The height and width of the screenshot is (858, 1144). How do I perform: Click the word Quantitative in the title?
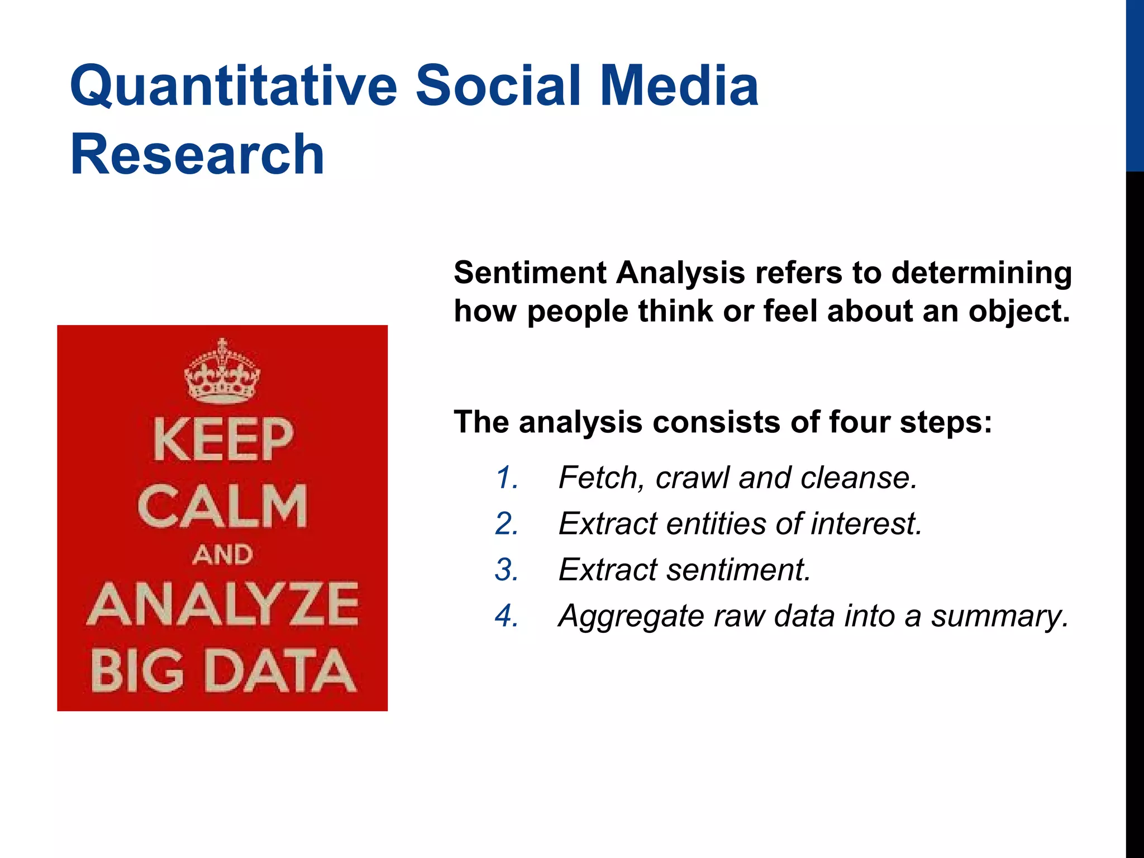pos(233,87)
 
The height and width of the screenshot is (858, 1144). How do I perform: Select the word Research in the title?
pos(197,155)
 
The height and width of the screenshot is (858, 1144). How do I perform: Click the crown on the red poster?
pos(222,372)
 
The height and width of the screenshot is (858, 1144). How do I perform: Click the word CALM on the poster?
pos(222,506)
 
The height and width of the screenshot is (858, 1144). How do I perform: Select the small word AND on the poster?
pos(222,555)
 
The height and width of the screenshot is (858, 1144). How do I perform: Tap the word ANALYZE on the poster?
pos(222,605)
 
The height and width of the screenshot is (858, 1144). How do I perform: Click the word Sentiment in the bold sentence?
pos(530,273)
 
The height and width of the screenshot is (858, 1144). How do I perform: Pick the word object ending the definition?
pos(1018,311)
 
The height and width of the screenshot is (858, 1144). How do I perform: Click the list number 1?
pos(506,478)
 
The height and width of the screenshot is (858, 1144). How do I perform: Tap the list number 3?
pos(506,570)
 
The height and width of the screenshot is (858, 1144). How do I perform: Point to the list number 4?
pos(506,616)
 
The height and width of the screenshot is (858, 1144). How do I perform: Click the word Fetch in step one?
pos(601,478)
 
